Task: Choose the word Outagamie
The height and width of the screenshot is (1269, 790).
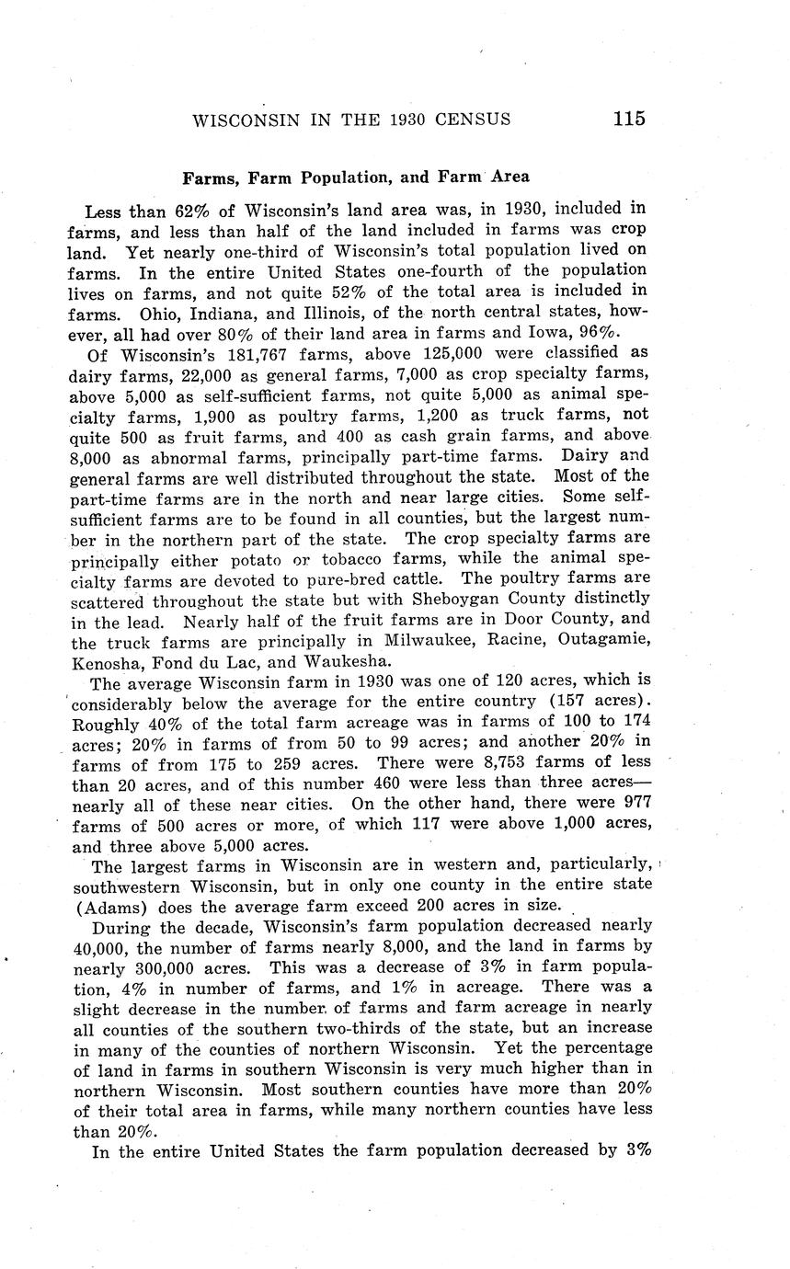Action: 601,639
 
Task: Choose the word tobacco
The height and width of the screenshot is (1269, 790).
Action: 344,557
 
